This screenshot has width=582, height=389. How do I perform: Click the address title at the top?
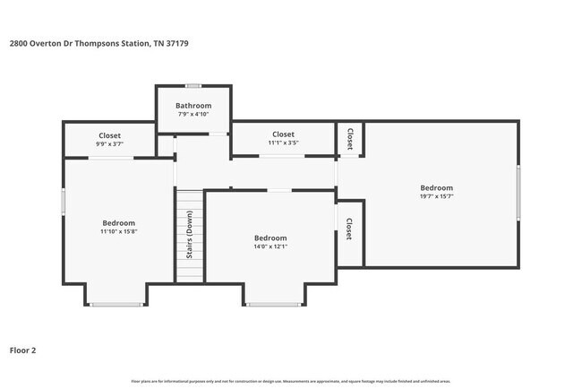click(98, 43)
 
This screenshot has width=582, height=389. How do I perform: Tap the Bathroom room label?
click(193, 106)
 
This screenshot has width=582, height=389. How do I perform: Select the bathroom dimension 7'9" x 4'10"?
click(193, 114)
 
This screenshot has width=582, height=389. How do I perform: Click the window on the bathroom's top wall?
click(193, 86)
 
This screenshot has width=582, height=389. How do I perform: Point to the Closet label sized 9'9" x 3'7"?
click(109, 135)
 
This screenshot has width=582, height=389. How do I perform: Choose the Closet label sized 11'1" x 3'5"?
click(283, 134)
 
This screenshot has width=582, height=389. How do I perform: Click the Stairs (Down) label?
click(190, 236)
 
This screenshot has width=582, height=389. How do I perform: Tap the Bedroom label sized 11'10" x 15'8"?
click(118, 223)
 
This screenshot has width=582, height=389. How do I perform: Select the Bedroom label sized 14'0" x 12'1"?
click(270, 238)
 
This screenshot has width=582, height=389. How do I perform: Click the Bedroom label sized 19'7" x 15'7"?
click(437, 188)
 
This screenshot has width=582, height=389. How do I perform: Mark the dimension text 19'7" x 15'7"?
click(437, 196)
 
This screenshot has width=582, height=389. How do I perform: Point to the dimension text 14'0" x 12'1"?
click(270, 246)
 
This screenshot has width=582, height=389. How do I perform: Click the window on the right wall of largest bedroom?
click(518, 194)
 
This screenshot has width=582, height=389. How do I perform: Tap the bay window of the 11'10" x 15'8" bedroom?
click(116, 305)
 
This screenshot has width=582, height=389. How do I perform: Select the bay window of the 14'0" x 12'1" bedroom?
click(273, 305)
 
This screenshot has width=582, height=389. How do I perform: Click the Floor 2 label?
click(23, 350)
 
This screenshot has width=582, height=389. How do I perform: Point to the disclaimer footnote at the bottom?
click(291, 381)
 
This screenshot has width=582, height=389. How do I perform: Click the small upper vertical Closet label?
click(349, 139)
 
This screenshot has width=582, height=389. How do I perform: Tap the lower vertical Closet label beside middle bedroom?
click(348, 229)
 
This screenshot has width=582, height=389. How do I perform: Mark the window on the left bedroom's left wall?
click(62, 200)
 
